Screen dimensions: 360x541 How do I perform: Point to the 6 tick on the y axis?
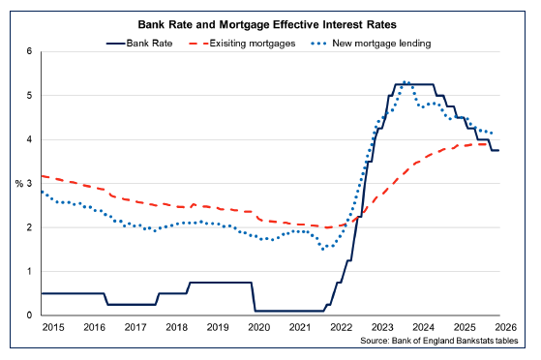click(29, 51)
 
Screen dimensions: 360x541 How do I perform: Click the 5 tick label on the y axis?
click(29, 96)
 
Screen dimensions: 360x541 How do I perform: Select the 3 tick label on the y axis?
click(29, 184)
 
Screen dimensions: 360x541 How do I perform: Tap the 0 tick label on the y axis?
click(29, 315)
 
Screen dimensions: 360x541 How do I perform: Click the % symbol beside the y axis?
click(18, 184)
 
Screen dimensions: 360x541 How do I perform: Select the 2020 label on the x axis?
click(258, 328)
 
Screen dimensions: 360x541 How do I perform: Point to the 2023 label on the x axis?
click(382, 328)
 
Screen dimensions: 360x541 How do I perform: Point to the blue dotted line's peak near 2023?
click(406, 82)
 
